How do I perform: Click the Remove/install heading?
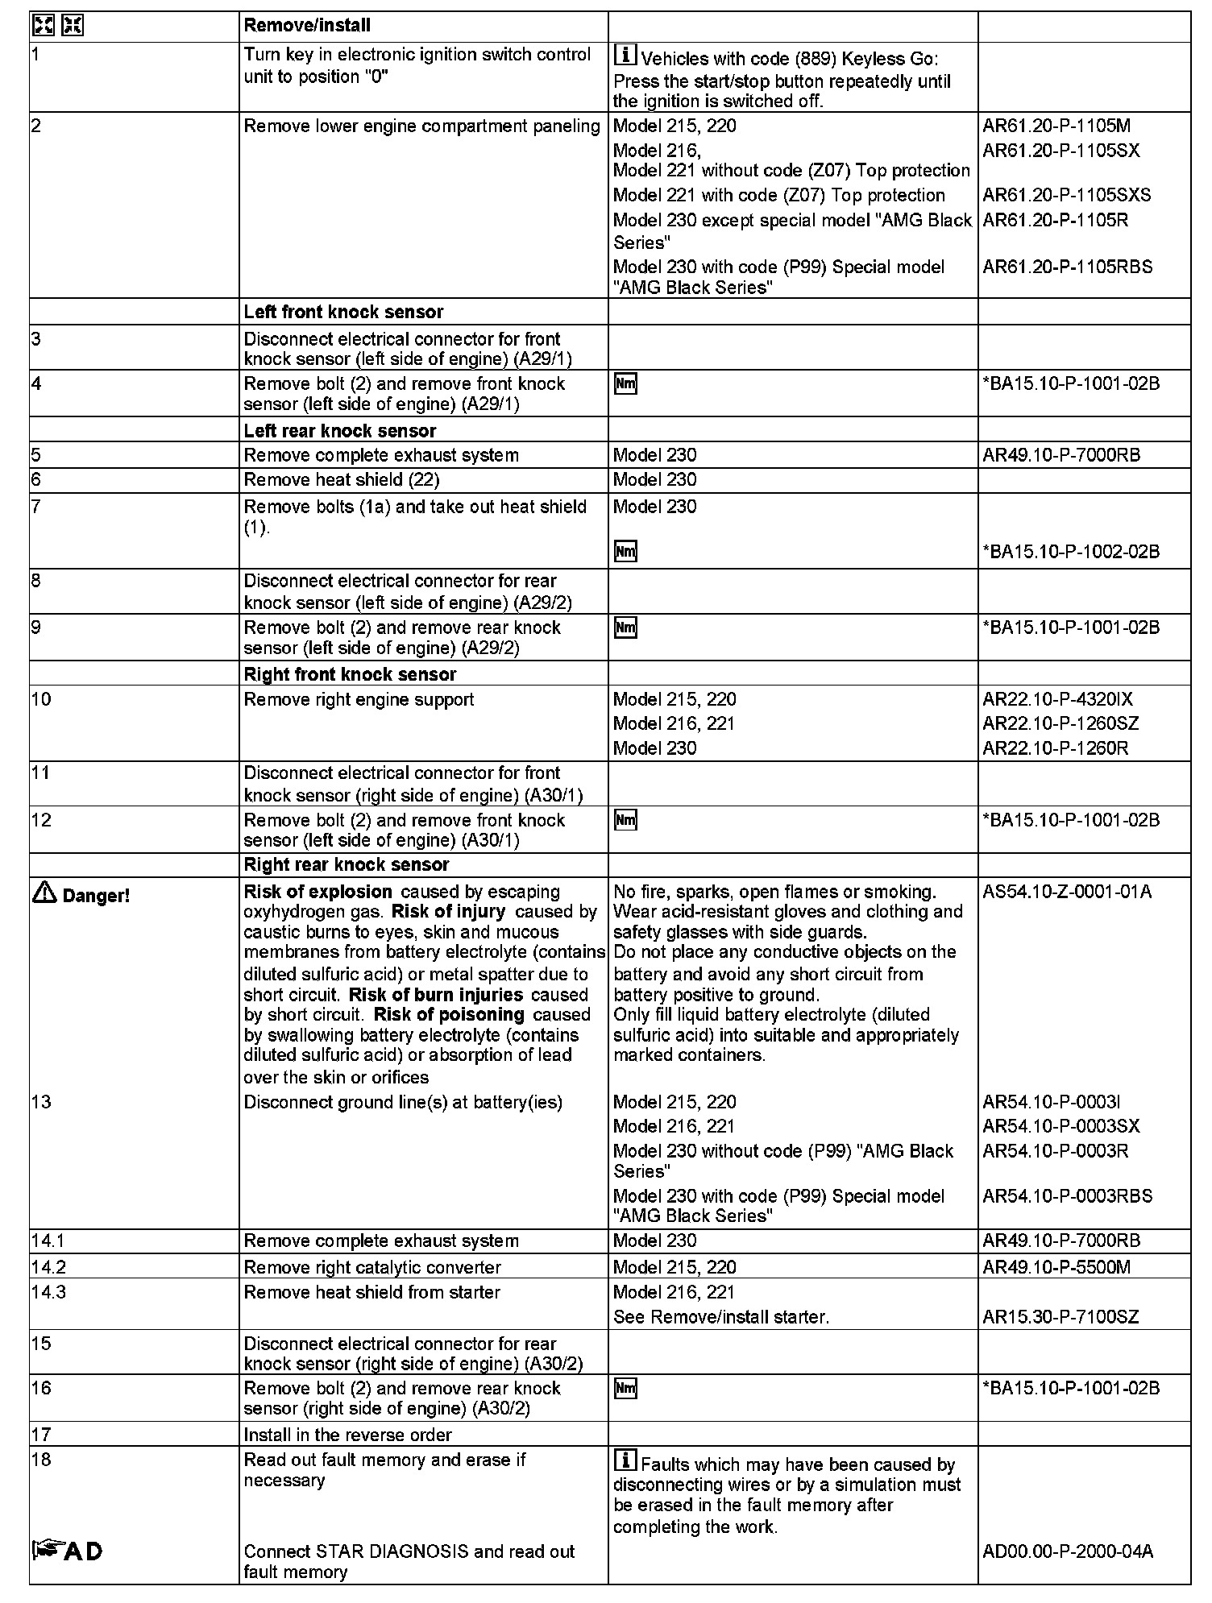pos(307,26)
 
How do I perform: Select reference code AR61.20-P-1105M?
pos(1056,126)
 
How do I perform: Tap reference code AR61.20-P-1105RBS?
pos(1067,267)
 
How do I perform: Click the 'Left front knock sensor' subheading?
pos(343,312)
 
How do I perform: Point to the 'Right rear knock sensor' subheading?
pos(347,864)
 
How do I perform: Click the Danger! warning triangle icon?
pos(45,893)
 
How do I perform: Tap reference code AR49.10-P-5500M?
pos(1056,1267)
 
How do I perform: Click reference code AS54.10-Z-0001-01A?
pos(1067,892)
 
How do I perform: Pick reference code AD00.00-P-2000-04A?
pos(1068,1551)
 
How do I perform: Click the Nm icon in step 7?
pos(625,552)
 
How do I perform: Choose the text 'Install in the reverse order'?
pos(347,1435)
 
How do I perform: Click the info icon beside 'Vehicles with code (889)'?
pos(625,56)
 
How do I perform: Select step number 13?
pos(41,1102)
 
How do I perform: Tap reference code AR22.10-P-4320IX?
pos(1057,699)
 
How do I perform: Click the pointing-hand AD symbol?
pos(68,1550)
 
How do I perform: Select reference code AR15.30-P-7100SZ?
pos(1060,1317)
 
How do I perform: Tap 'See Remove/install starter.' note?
pos(720,1317)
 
